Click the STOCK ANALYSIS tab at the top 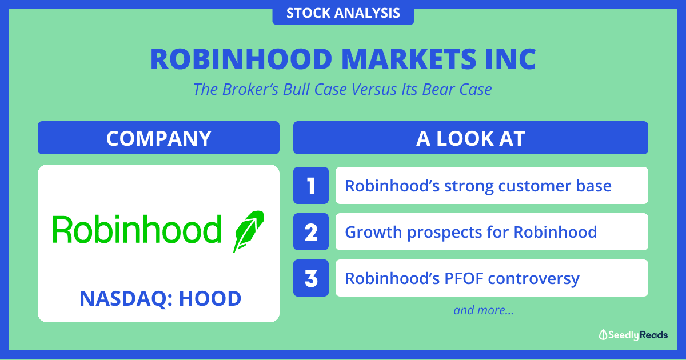click(x=343, y=13)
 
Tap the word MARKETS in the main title click(x=409, y=59)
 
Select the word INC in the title click(x=511, y=59)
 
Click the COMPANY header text click(x=159, y=138)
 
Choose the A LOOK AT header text click(x=470, y=138)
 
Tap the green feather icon click(x=248, y=231)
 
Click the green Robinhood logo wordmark click(x=137, y=229)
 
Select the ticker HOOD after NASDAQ click(x=210, y=298)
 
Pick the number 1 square click(x=311, y=186)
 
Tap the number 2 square click(x=311, y=232)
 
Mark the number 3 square click(x=311, y=278)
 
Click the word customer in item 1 click(x=534, y=186)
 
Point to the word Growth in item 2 click(x=373, y=232)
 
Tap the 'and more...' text click(x=484, y=310)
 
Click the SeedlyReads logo click(x=633, y=335)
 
